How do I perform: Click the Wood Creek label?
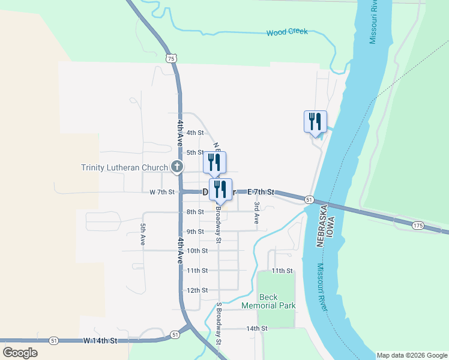coord(287,32)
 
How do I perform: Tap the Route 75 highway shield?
coord(172,58)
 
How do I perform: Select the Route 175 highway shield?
coord(418,225)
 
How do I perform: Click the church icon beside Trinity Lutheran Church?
coord(177,167)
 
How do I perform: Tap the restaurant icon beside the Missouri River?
coord(315,122)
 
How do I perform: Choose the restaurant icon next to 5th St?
coord(214,162)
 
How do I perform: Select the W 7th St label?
coord(162,192)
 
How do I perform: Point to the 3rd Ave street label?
coord(256,213)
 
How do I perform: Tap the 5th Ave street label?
coord(143,235)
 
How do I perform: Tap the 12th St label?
coord(197,290)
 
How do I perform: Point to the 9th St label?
coord(196,232)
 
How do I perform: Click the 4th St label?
coord(195,133)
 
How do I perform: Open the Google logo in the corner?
coord(20,353)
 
